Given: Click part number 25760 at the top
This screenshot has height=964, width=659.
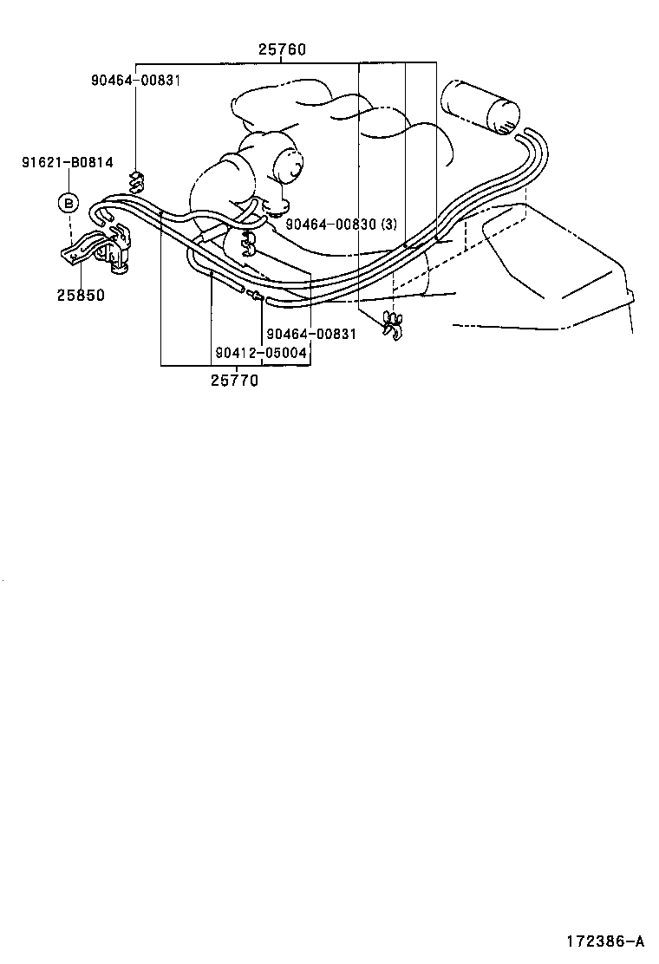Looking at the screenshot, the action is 282,49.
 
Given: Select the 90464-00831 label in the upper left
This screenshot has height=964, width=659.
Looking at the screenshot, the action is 136,80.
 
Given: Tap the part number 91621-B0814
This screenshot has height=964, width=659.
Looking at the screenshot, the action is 68,162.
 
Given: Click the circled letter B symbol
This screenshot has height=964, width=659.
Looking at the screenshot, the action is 69,202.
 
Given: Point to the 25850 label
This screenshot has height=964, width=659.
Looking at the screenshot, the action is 82,295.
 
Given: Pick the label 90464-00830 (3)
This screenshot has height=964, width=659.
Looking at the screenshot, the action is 341,225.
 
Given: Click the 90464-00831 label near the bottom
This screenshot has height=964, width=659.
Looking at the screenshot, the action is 311,333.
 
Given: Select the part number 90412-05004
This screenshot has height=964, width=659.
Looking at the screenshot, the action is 261,353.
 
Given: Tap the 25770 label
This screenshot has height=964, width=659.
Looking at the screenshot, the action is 235,381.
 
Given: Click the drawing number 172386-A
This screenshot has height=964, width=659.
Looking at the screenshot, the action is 605,941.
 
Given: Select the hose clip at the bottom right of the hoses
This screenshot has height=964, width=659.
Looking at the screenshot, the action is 391,325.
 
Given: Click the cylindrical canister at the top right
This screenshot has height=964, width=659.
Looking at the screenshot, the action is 480,107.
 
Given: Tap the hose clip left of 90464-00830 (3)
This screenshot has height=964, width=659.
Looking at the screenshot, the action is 248,242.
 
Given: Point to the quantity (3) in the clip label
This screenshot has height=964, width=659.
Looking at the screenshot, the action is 389,225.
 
